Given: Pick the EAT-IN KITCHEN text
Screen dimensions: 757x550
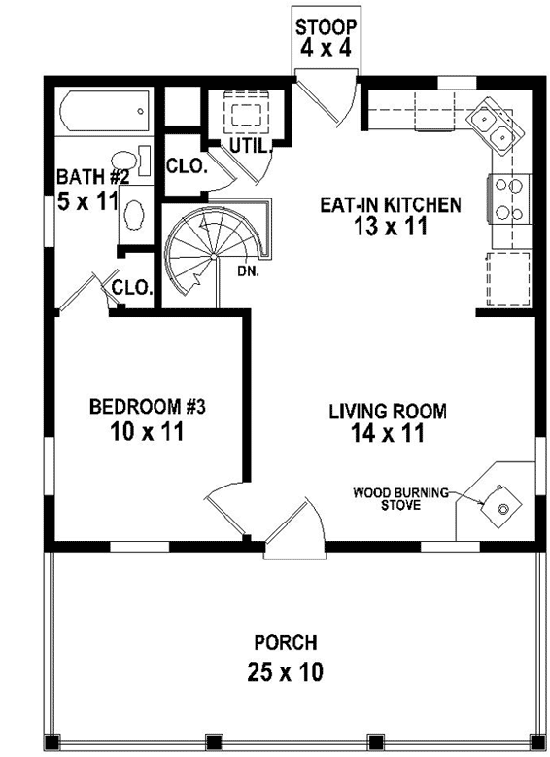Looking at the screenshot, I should [x=389, y=205].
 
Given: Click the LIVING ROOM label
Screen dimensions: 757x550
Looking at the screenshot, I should [x=387, y=411].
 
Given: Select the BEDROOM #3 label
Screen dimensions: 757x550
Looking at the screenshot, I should [x=146, y=407].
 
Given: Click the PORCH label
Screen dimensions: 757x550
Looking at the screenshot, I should [x=285, y=643].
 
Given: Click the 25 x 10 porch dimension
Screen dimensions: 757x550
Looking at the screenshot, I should [x=285, y=671].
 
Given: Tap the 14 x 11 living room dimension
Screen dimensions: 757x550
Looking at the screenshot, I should [x=387, y=434].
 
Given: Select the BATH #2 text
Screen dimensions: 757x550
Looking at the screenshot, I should [x=91, y=177].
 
